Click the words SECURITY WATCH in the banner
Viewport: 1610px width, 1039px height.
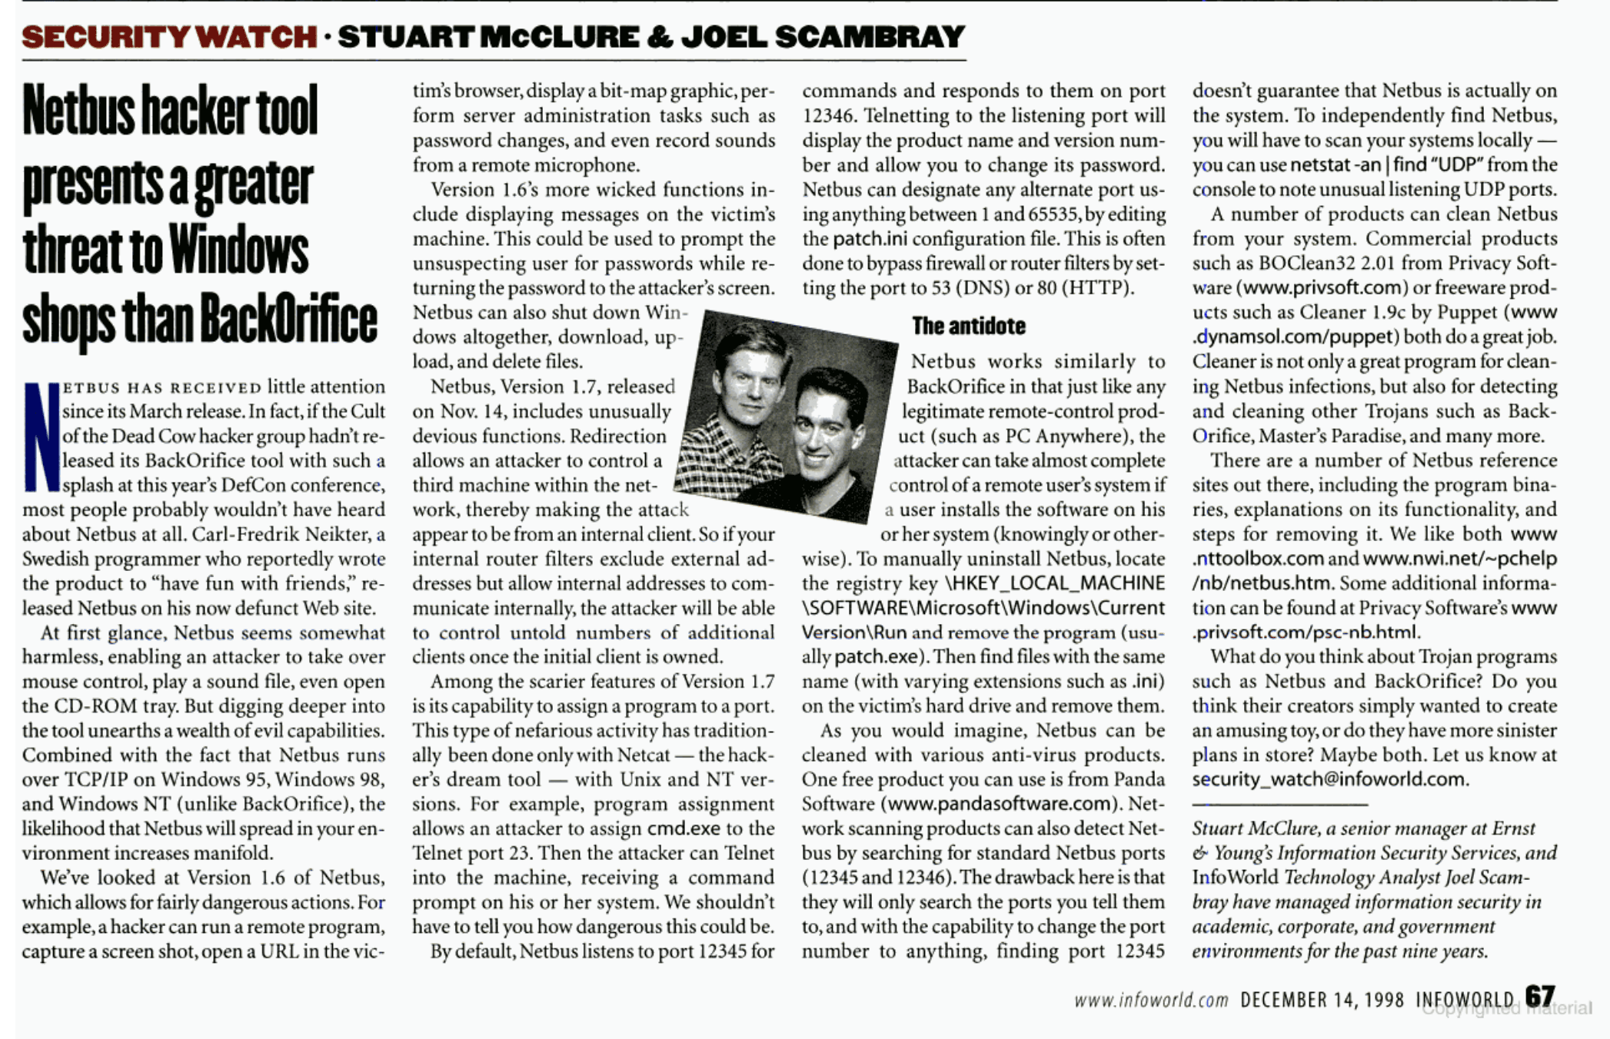[169, 37]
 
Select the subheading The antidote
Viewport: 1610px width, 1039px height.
[969, 326]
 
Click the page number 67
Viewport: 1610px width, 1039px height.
[1540, 997]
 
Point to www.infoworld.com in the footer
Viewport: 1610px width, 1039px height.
[1151, 1000]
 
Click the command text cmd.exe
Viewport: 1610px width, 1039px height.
[684, 828]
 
